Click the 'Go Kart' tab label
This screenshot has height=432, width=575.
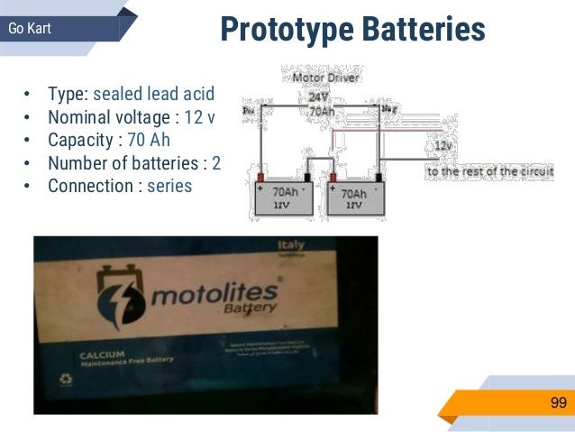pos(29,29)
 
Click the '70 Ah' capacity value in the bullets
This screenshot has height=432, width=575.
pos(148,141)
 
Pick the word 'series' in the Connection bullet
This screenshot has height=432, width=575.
pos(169,187)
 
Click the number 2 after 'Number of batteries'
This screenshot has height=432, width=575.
pos(216,163)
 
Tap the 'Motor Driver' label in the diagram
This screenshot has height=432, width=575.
pos(328,78)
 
